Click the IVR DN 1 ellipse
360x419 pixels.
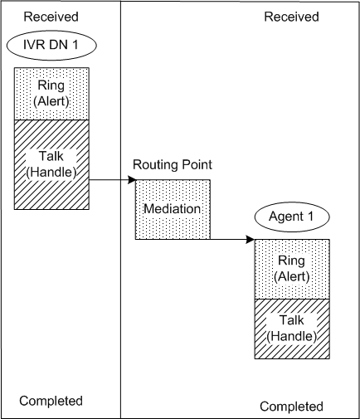coord(51,45)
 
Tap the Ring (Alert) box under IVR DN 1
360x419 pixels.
coord(51,94)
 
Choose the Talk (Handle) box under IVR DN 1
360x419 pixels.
coord(51,163)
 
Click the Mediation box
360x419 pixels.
coord(173,209)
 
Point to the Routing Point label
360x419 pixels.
coord(173,164)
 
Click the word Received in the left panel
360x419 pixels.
coord(51,16)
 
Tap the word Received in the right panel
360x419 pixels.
coord(290,16)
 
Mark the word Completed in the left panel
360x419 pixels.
coord(51,401)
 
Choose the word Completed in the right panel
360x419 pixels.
coord(290,407)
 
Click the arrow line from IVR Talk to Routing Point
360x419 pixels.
coord(108,178)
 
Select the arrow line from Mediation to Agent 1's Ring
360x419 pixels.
coord(228,240)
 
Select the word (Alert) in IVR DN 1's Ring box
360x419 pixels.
coord(51,102)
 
